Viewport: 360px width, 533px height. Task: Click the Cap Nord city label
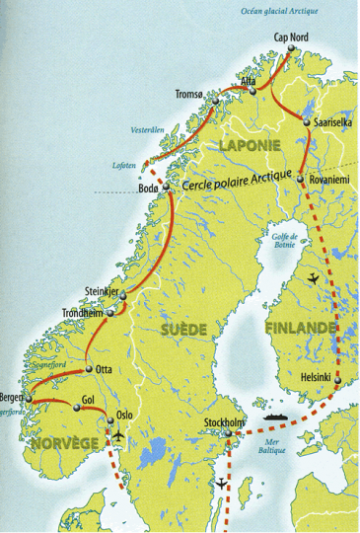tap(290, 38)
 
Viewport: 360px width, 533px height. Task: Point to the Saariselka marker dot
tap(306, 122)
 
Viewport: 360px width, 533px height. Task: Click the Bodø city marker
tap(167, 188)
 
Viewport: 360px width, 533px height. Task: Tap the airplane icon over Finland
tap(315, 277)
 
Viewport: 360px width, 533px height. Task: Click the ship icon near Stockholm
tap(276, 419)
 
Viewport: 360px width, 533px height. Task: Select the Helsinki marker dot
tap(337, 379)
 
